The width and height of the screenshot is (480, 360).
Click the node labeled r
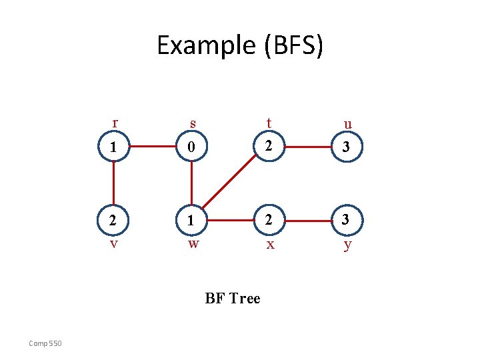(114, 147)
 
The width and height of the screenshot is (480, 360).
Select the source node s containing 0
(192, 147)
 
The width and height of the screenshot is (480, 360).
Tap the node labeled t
(269, 147)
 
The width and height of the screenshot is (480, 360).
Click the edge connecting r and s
(153, 147)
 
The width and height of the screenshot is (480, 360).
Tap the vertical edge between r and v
(114, 183)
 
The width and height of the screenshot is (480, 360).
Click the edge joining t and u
(308, 147)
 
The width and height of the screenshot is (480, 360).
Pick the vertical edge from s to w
(192, 183)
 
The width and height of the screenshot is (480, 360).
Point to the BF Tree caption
(233, 299)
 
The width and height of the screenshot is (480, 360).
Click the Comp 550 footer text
(45, 343)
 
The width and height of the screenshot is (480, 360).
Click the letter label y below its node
(347, 245)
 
